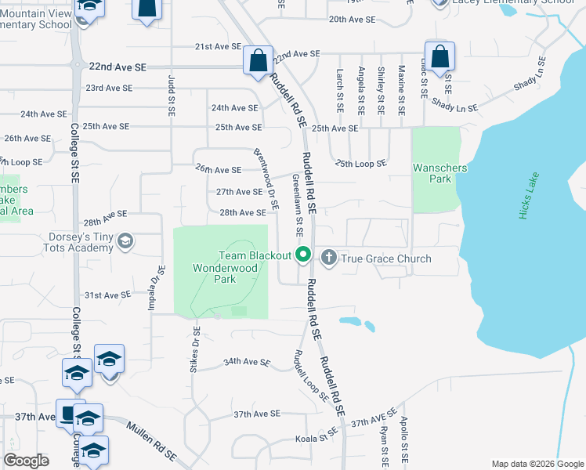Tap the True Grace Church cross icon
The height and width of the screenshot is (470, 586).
click(328, 257)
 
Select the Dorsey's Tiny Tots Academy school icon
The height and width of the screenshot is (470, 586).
click(125, 241)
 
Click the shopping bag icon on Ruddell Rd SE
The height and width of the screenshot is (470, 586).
click(258, 61)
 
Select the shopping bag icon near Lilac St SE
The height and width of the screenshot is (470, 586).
click(440, 56)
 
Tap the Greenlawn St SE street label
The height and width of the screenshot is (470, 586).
click(298, 205)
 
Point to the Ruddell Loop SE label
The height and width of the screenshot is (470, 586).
click(311, 375)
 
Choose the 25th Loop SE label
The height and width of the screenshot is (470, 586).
click(361, 163)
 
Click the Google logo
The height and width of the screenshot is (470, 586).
click(26, 461)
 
